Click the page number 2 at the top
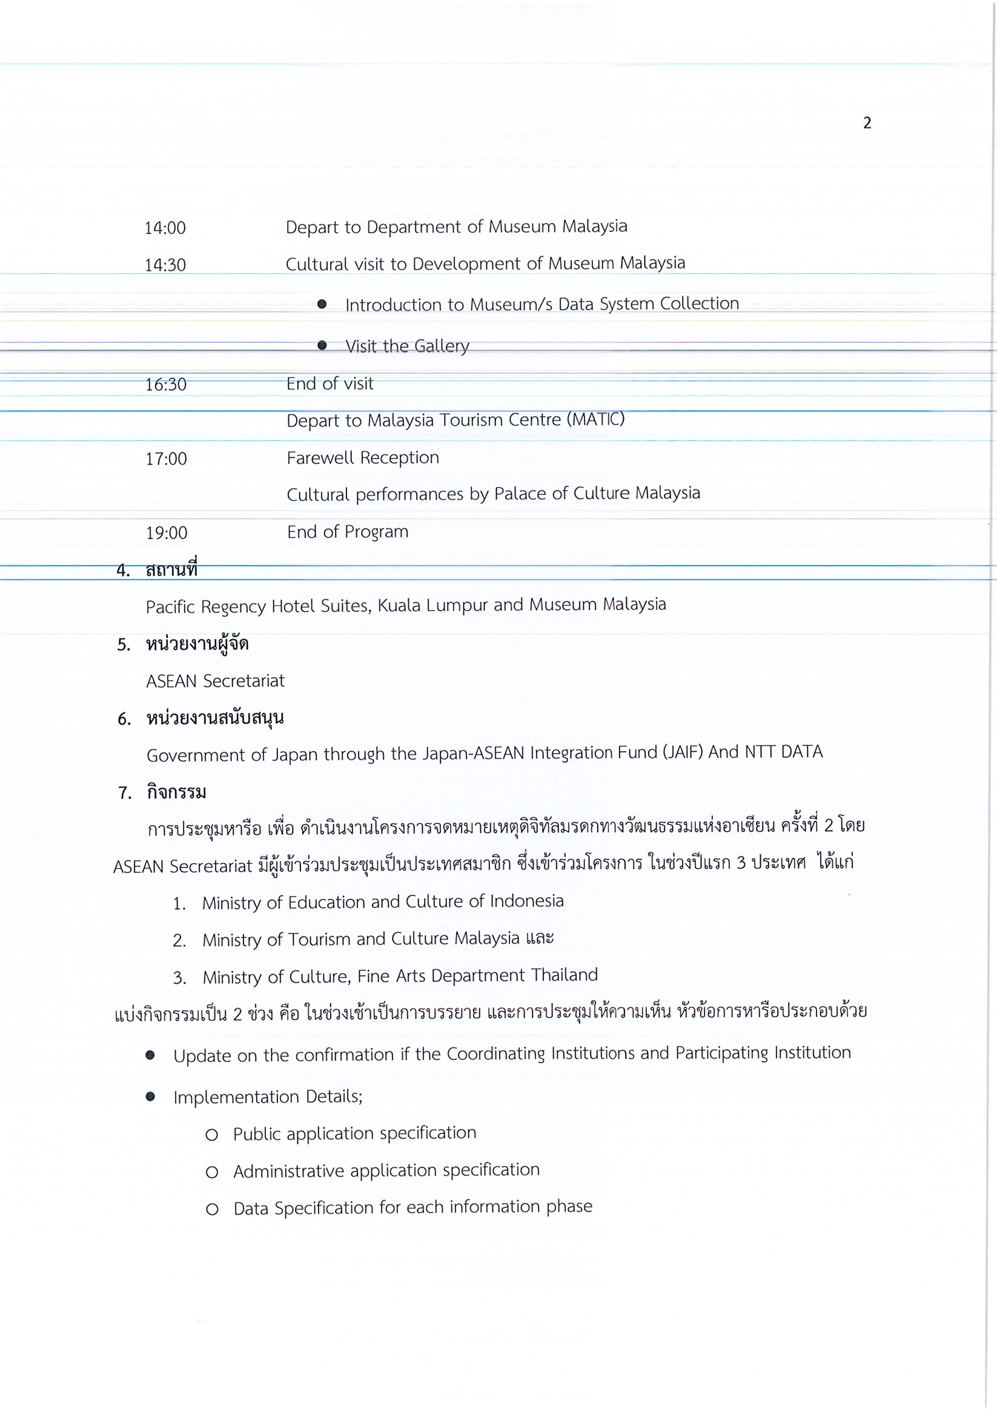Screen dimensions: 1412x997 [867, 123]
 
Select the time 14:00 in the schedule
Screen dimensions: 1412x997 [165, 228]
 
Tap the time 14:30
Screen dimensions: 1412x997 [165, 265]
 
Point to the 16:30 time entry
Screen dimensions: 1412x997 [165, 385]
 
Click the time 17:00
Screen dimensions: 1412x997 [166, 459]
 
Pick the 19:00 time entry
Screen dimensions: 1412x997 [166, 532]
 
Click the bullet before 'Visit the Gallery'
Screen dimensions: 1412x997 [322, 346]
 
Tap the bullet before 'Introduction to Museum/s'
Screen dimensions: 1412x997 [322, 305]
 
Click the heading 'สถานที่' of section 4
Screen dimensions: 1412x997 [171, 570]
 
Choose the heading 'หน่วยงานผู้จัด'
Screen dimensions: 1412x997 [197, 644]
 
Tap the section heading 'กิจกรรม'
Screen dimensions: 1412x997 [176, 792]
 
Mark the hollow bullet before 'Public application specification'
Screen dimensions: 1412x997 [211, 1135]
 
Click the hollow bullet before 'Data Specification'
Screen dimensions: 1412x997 [211, 1209]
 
